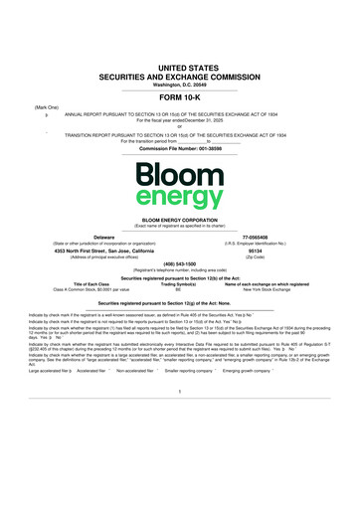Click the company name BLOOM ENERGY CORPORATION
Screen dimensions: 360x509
[x=180, y=215]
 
